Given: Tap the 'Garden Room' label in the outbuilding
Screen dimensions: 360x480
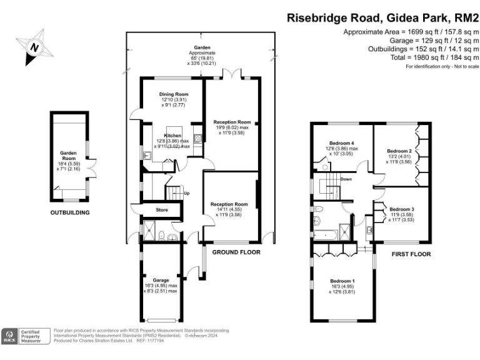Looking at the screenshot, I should point(67,152).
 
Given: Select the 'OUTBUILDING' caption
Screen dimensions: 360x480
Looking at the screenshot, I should point(70,212).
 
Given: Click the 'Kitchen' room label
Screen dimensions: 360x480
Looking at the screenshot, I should point(172,136).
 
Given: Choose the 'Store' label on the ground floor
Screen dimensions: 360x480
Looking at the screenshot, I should point(161,210).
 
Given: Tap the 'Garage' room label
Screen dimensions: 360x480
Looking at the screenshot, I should point(161,280).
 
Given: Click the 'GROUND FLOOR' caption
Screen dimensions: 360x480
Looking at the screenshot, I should point(236,252).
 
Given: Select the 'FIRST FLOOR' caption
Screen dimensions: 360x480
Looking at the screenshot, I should point(411,254).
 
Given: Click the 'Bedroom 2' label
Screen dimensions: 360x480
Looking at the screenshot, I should point(399,151).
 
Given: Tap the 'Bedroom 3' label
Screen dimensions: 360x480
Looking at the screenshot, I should point(401,209).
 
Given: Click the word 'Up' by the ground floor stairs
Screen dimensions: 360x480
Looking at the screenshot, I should point(187,193).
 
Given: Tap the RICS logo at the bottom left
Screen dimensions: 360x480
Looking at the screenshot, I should point(10,337).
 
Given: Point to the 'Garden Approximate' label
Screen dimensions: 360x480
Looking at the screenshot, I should point(201,51).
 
